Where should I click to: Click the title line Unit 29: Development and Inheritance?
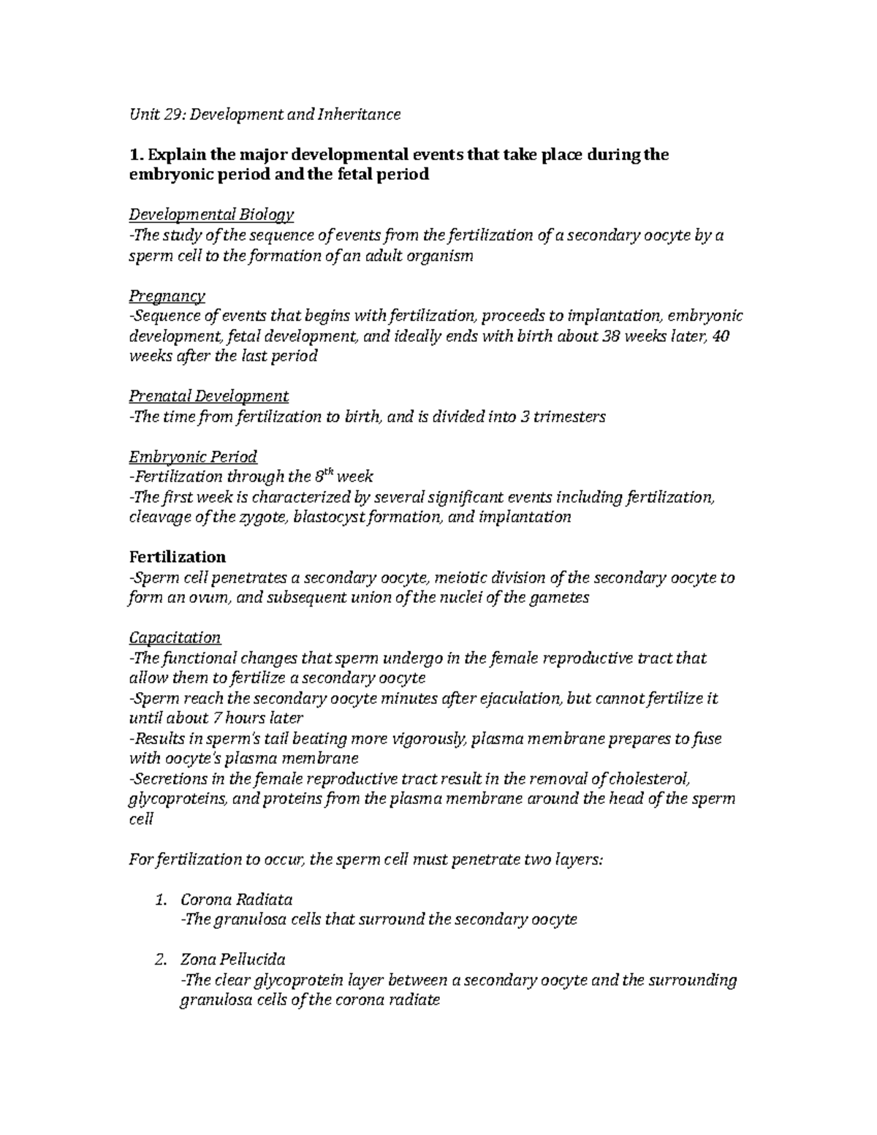[x=265, y=115]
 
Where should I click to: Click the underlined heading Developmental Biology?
[x=211, y=215]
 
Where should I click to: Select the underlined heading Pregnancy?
[x=167, y=296]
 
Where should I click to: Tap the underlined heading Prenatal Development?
[x=208, y=396]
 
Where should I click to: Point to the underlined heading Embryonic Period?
[x=193, y=458]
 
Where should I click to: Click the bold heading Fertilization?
[x=177, y=556]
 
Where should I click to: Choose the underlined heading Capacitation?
[x=175, y=637]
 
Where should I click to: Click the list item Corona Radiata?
[x=236, y=899]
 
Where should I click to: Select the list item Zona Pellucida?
[x=232, y=960]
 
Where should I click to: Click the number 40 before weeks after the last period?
[x=720, y=337]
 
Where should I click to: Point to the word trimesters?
[x=569, y=417]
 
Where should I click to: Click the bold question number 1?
[x=133, y=155]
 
